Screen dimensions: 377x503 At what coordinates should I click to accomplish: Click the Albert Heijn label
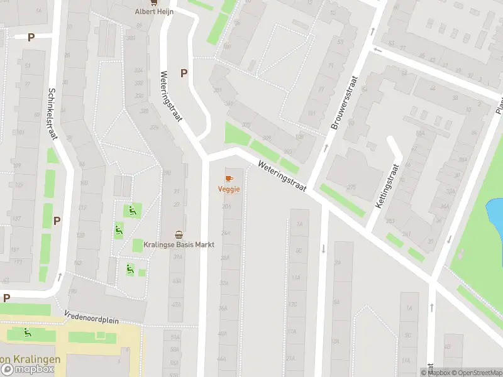tap(154, 11)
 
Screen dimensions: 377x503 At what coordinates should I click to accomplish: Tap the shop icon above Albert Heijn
tap(155, 3)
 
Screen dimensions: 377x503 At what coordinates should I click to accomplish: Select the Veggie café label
tap(229, 189)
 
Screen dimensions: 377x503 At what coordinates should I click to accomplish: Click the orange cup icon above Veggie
tap(228, 178)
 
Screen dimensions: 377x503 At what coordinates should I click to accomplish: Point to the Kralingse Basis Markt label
tap(179, 244)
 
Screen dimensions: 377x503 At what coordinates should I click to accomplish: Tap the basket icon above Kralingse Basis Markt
tap(179, 234)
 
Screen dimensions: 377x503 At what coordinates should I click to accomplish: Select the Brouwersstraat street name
tap(343, 104)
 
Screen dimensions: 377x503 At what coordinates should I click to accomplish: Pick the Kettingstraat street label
tap(387, 187)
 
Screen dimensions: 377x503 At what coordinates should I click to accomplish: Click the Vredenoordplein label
tap(91, 316)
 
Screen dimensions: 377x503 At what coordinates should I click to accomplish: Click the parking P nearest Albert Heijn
tap(184, 73)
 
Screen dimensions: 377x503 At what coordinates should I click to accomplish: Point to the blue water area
tap(496, 214)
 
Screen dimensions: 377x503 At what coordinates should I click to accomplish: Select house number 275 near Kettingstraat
tap(351, 187)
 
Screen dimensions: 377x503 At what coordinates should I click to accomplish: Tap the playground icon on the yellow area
tap(27, 332)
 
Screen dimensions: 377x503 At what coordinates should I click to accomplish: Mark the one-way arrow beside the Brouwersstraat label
tap(326, 148)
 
